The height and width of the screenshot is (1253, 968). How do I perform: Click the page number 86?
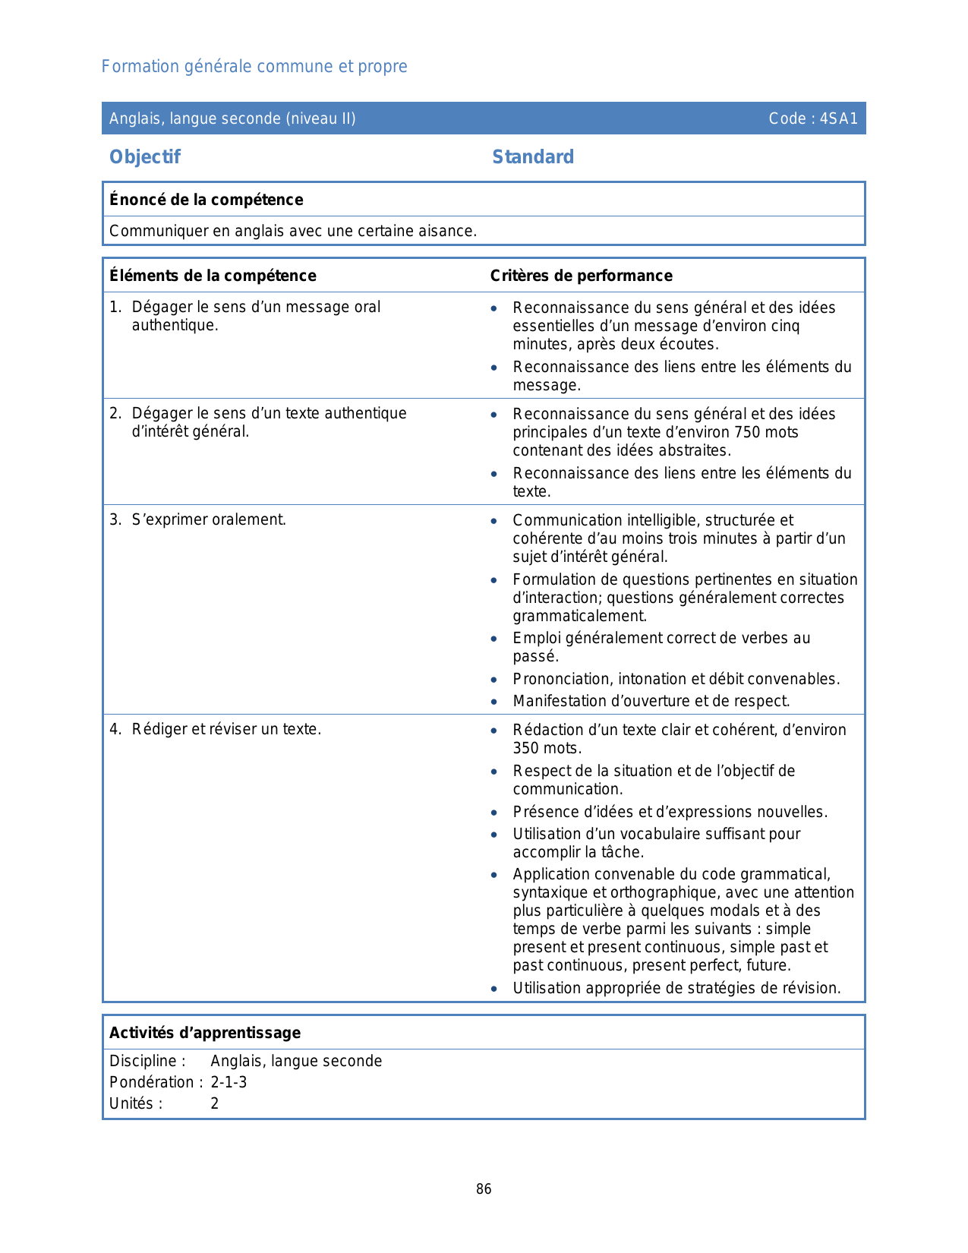tap(484, 1189)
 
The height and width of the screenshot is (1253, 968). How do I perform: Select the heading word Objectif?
tap(145, 157)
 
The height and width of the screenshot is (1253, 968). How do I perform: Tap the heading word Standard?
tap(533, 157)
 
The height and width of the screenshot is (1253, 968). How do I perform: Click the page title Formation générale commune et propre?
tap(254, 67)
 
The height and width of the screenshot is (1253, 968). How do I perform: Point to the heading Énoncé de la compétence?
tap(207, 200)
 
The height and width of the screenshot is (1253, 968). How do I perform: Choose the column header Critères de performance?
tap(581, 276)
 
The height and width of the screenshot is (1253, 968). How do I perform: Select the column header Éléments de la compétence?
tap(213, 276)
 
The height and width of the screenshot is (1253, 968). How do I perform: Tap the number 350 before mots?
tap(526, 748)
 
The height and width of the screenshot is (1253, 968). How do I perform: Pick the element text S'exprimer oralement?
tap(209, 520)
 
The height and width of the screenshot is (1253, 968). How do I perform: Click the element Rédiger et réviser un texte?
tap(226, 730)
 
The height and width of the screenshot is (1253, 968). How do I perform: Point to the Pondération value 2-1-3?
tap(229, 1082)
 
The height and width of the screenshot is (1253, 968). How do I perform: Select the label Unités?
tap(135, 1103)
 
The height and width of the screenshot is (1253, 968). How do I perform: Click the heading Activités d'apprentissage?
tap(205, 1033)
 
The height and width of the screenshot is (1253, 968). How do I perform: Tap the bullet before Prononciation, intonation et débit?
tap(494, 680)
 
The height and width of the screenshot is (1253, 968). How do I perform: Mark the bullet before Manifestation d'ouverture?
tap(494, 702)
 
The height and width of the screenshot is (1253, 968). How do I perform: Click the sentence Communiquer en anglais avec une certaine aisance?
tap(293, 231)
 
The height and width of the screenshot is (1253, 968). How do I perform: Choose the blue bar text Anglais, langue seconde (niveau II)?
tap(232, 118)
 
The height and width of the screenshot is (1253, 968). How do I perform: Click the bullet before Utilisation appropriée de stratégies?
tap(494, 989)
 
